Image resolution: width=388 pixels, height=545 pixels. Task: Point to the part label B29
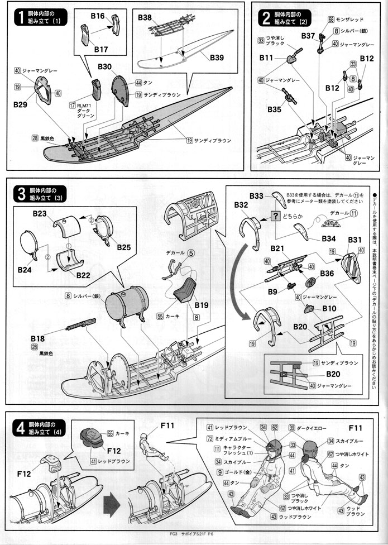pos(21,104)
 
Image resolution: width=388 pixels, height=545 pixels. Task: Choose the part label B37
pos(309,35)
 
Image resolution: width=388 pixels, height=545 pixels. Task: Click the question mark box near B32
pos(275,216)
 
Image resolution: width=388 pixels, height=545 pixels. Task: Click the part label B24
pos(25,269)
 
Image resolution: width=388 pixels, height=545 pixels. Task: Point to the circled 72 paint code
pos(210,439)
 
